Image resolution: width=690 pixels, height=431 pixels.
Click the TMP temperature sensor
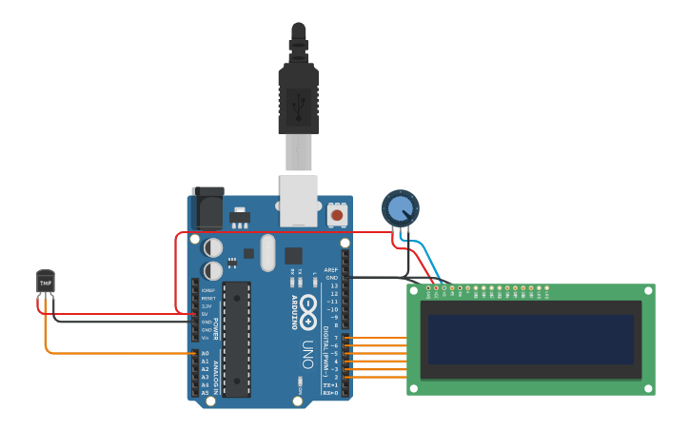pos(46,282)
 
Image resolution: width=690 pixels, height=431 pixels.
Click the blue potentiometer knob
pos(400,207)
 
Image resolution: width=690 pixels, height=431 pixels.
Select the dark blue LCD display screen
pos(531,340)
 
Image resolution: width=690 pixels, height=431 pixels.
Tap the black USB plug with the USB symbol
pos(298,99)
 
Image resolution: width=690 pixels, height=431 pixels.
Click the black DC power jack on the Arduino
pos(208,207)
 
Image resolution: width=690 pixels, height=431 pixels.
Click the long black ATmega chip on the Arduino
pos(237,338)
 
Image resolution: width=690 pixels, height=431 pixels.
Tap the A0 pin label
pos(205,354)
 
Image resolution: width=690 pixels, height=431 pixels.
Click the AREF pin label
pos(331,269)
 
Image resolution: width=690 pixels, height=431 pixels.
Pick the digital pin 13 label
pos(333,285)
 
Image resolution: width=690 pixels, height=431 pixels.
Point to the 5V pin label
pos(207,314)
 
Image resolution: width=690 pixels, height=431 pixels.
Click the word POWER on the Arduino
pos(217,328)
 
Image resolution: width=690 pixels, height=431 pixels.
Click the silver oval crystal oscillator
pos(267,252)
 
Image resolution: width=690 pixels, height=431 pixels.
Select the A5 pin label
pos(205,392)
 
